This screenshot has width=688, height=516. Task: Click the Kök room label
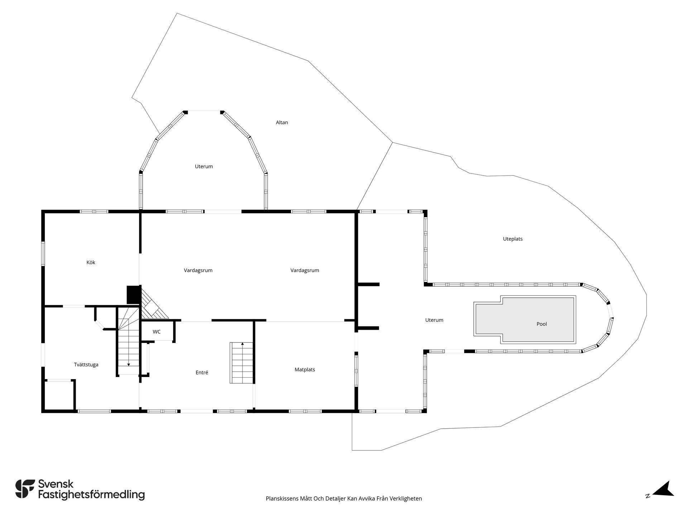tap(91, 262)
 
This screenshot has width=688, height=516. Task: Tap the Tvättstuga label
tap(86, 365)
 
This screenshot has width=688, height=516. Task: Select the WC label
tap(157, 332)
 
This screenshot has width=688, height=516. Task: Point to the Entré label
tap(202, 373)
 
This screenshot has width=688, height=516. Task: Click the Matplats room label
tap(305, 369)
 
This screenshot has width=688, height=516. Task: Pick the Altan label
tap(282, 122)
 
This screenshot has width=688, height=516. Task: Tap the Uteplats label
tap(513, 239)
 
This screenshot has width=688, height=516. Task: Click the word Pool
tap(541, 324)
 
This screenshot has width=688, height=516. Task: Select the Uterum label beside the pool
tap(434, 320)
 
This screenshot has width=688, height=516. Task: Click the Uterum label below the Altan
tap(204, 166)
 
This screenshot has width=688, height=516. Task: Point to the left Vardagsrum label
tap(198, 271)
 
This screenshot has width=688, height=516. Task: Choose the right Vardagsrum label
tap(305, 271)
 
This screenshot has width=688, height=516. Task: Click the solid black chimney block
tap(133, 295)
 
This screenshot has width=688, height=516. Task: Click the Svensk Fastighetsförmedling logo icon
tap(25, 489)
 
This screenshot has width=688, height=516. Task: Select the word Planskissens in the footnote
tap(282, 498)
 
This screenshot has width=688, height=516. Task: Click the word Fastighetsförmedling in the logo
tap(91, 495)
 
